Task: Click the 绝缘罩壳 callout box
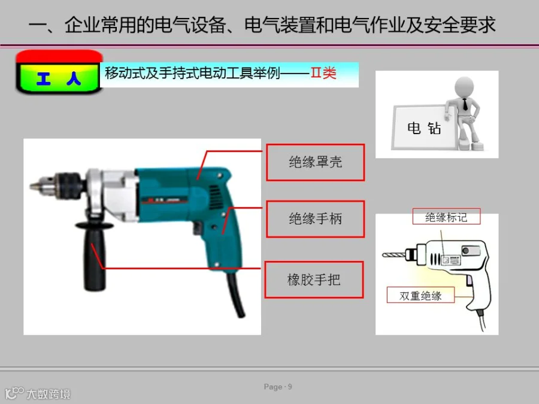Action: pyautogui.click(x=315, y=162)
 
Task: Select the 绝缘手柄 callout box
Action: pyautogui.click(x=315, y=219)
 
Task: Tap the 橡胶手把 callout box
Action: pyautogui.click(x=314, y=280)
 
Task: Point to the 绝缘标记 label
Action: pyautogui.click(x=446, y=217)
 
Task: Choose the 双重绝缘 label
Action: pyautogui.click(x=420, y=295)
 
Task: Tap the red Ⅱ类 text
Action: pyautogui.click(x=323, y=73)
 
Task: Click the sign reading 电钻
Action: pyautogui.click(x=424, y=128)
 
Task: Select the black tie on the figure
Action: pyautogui.click(x=465, y=104)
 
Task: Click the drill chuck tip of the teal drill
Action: pyautogui.click(x=34, y=187)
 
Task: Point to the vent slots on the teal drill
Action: pyautogui.click(x=214, y=196)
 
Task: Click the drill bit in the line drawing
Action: pyautogui.click(x=393, y=255)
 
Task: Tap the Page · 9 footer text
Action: pyautogui.click(x=278, y=387)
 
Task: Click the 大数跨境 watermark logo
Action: pyautogui.click(x=38, y=393)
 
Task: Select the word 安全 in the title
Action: pyautogui.click(x=442, y=25)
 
